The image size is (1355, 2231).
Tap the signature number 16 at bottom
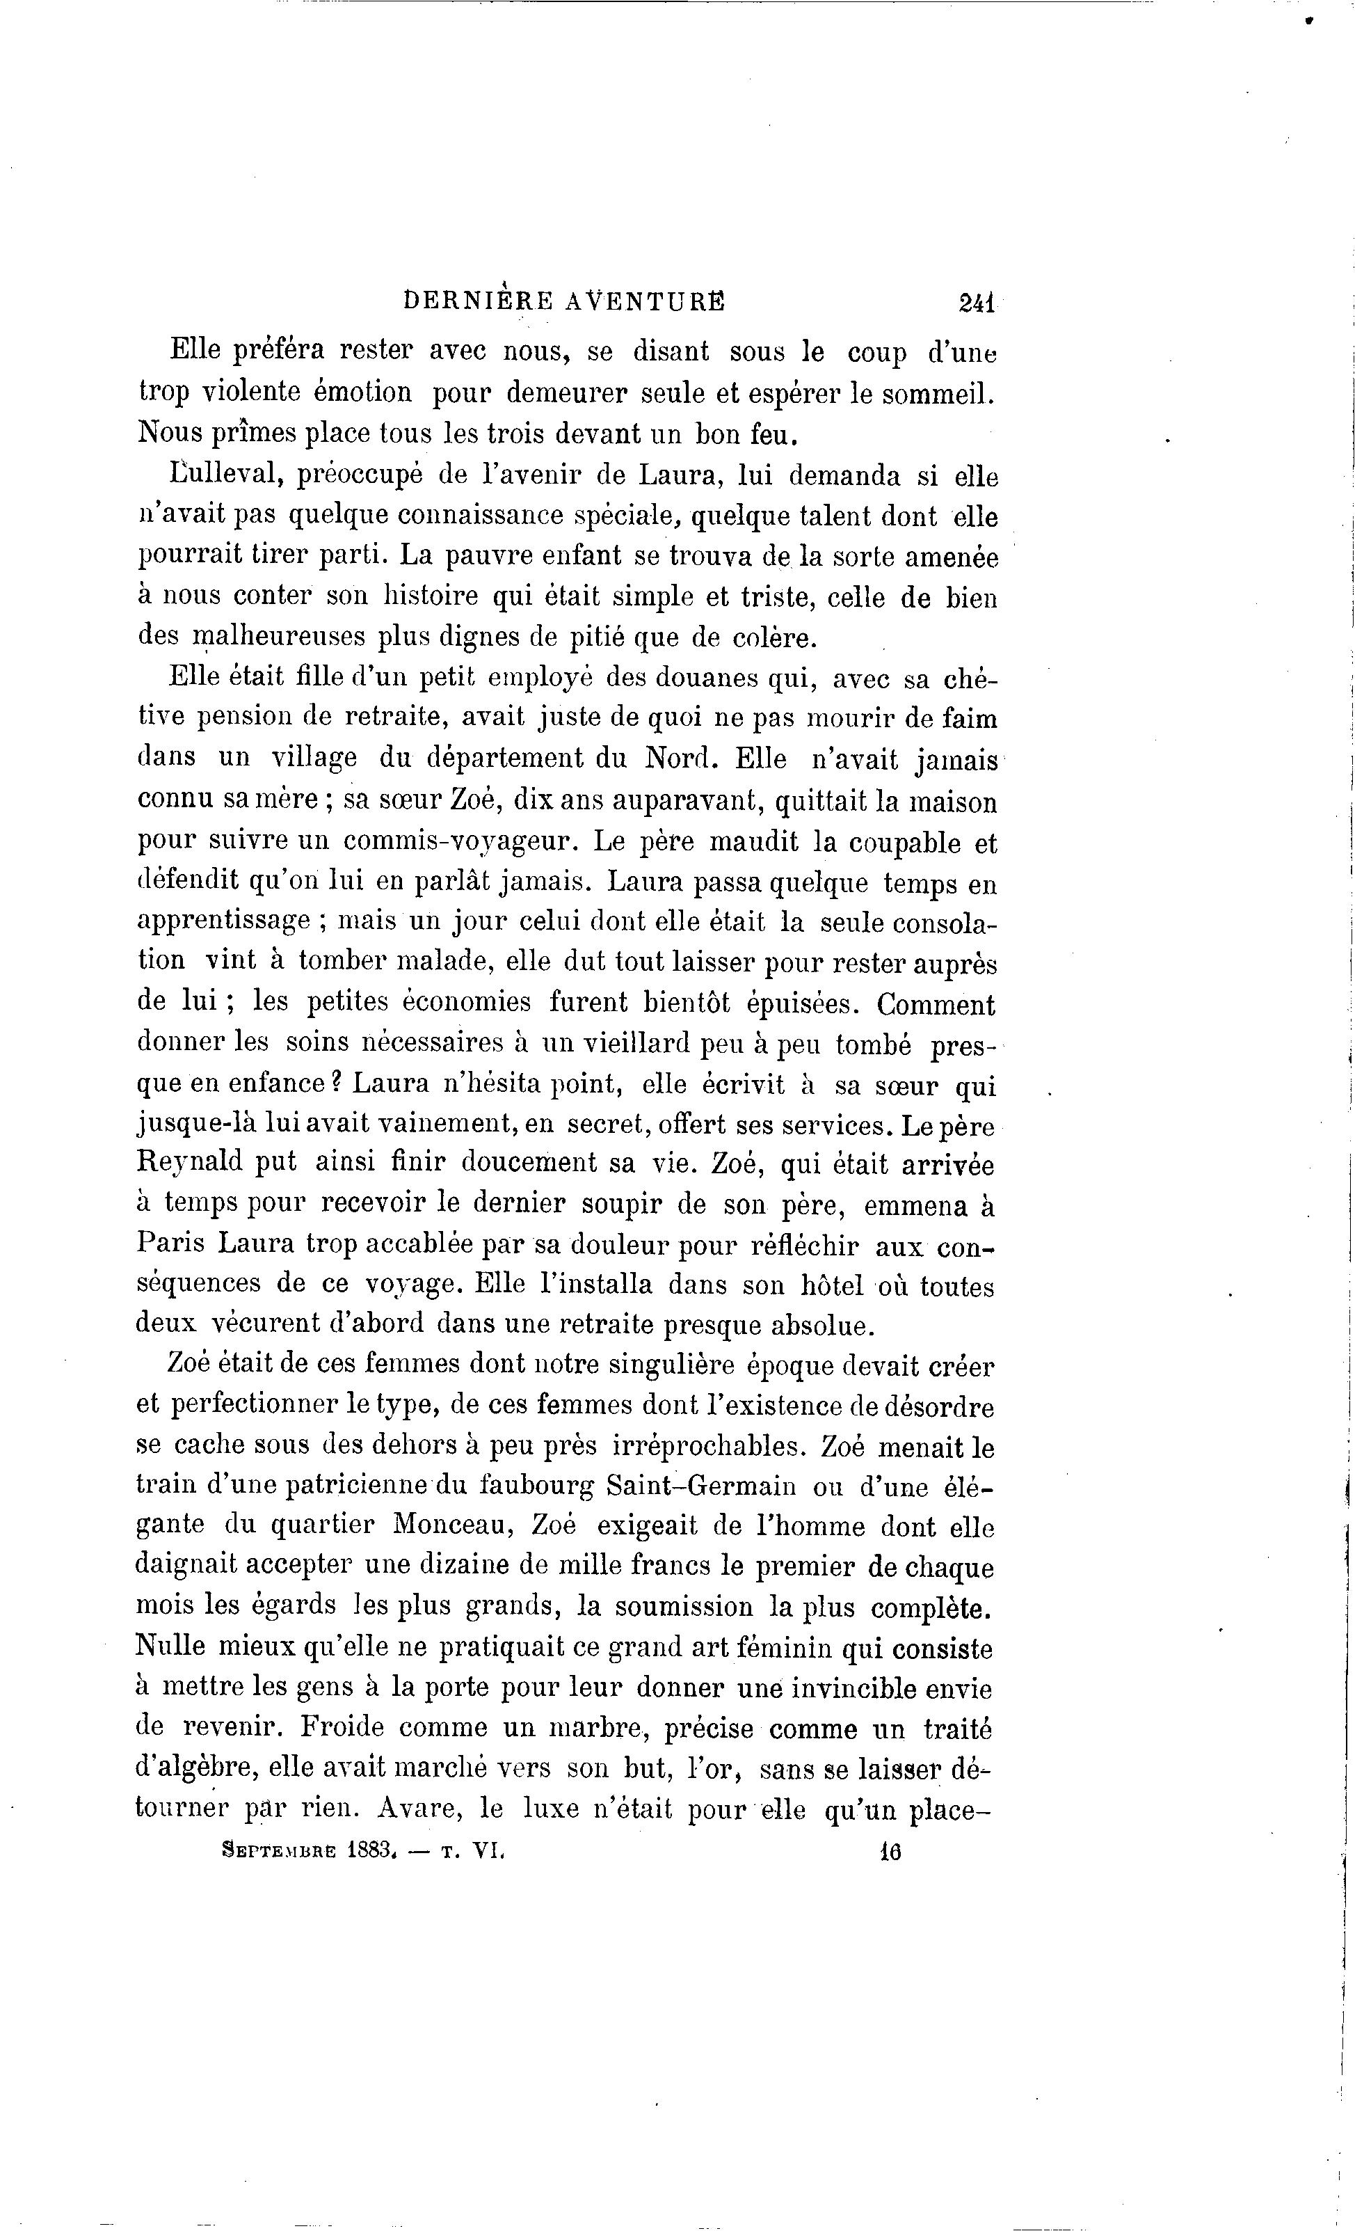click(890, 1852)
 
